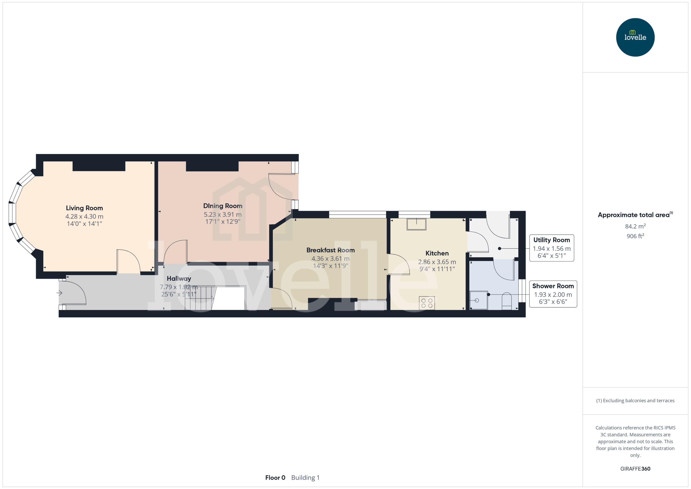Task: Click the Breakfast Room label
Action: (330, 250)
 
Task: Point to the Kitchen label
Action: (437, 253)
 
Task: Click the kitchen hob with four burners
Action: (427, 303)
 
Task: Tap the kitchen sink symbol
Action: (416, 224)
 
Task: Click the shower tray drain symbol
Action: (477, 300)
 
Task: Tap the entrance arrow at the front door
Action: (59, 293)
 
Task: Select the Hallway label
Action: (179, 279)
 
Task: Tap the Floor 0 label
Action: (275, 478)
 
